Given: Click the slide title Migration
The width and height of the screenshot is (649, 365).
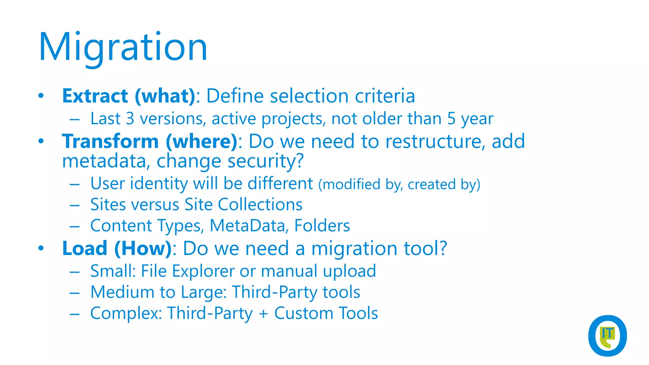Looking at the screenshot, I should tap(123, 48).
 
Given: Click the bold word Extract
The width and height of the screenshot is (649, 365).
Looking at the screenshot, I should tap(95, 96).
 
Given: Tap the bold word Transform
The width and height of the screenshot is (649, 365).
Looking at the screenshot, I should tap(110, 141).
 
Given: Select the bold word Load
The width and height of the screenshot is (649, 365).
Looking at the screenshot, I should tap(85, 248).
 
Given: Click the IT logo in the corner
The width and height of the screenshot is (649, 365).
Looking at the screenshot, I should tap(607, 336).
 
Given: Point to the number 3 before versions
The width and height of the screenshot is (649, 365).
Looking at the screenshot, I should tap(130, 119).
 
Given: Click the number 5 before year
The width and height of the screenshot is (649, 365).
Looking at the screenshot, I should tap(451, 119).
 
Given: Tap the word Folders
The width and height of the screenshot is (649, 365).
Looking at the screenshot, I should tap(322, 226).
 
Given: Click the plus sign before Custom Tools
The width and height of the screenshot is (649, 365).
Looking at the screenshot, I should tap(263, 314).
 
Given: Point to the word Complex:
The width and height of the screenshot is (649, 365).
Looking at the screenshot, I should tap(126, 314).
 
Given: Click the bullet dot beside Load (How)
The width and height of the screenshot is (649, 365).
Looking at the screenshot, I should tap(41, 248).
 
